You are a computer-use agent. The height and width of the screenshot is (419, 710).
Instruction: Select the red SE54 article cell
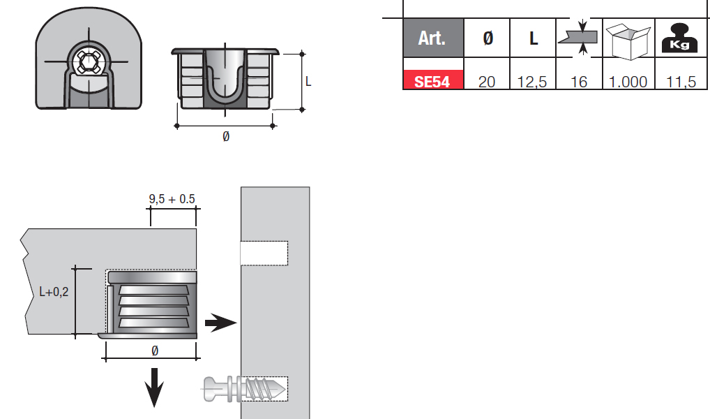[x=433, y=80]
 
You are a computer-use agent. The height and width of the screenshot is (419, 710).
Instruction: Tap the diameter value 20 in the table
[x=487, y=82]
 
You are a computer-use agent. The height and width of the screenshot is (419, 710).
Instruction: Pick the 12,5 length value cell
[x=532, y=82]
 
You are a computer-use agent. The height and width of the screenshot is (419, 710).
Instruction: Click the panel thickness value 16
[x=579, y=82]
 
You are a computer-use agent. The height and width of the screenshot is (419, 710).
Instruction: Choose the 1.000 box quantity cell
[x=628, y=82]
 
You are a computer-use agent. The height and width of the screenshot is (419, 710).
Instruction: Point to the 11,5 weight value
[x=681, y=82]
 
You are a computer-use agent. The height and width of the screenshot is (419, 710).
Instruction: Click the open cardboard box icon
[x=628, y=41]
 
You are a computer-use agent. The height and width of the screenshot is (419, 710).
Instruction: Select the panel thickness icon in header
[x=580, y=37]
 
